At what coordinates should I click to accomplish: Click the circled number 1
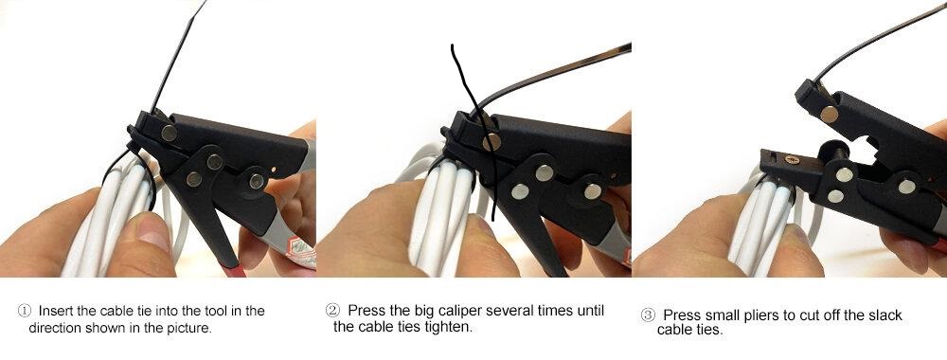[25, 311]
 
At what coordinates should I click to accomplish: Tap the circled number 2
[332, 311]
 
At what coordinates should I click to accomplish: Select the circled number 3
[648, 315]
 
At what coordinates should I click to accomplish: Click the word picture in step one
[189, 329]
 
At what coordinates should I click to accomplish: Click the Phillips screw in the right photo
[793, 159]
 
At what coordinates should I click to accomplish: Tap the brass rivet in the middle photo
[491, 142]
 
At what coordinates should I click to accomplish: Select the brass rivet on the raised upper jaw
[830, 115]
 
